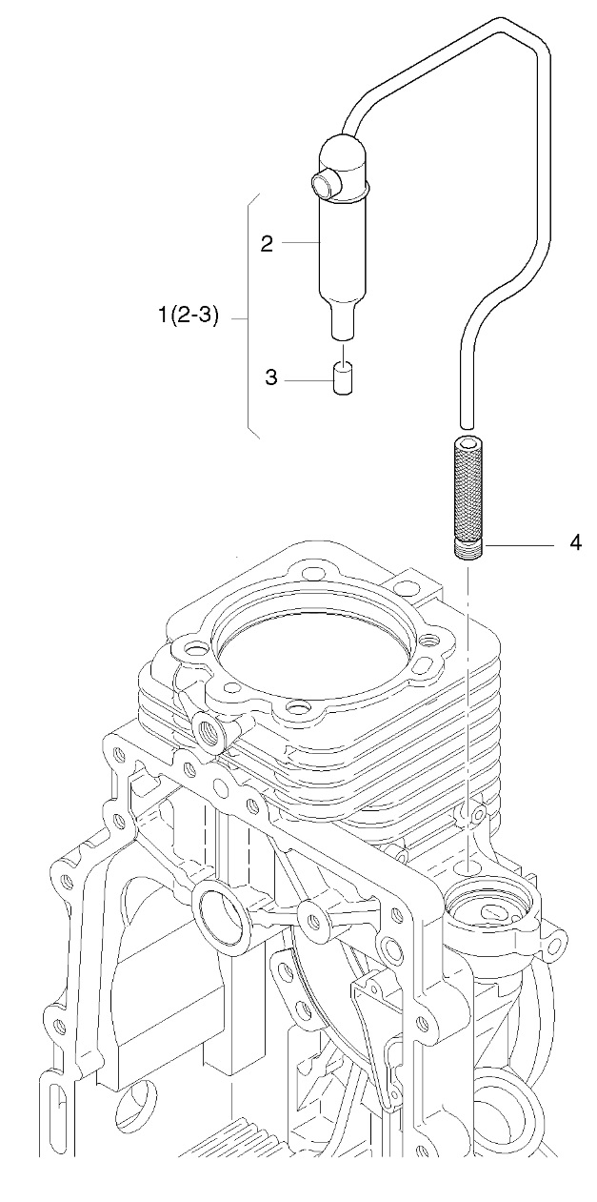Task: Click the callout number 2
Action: [267, 244]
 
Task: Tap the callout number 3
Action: [271, 377]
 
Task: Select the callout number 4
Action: [575, 543]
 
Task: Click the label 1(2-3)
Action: [189, 316]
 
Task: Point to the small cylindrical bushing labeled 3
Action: [343, 378]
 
